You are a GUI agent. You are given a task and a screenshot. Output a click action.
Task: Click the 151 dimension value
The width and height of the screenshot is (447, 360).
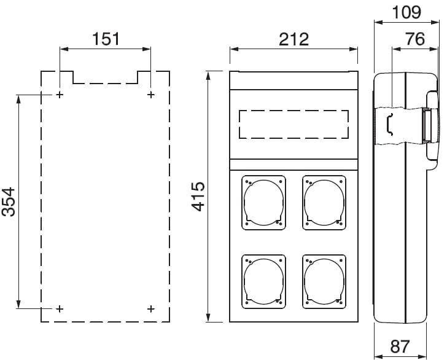coord(106,39)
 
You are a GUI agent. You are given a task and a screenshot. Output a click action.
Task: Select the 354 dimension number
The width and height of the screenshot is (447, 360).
coord(8,202)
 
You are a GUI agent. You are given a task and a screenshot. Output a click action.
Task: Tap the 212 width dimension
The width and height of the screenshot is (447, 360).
coord(293,39)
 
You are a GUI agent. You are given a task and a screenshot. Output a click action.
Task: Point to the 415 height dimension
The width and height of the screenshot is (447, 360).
coord(198,196)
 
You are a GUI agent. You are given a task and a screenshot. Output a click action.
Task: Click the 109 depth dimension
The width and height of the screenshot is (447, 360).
coord(406,12)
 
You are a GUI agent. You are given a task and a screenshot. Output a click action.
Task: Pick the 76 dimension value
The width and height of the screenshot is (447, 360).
coord(415,39)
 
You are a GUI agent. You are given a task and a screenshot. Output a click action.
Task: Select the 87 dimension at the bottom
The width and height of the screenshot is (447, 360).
coord(400,346)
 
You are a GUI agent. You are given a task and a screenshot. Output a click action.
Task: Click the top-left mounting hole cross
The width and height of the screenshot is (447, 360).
coord(60,95)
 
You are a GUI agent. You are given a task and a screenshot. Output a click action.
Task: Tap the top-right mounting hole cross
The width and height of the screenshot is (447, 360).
coord(151,95)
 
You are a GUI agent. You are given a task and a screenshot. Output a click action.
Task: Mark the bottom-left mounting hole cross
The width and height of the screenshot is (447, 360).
coord(60,308)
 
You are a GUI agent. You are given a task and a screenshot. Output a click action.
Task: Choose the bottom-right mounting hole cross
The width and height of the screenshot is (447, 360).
coord(151,308)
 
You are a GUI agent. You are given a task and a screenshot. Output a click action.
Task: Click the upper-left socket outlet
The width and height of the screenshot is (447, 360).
coord(263,203)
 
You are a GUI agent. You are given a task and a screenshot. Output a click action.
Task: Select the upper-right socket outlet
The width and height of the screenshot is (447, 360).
coord(324,203)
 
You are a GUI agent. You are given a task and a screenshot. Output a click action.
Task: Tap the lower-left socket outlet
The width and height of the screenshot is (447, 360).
coord(263,281)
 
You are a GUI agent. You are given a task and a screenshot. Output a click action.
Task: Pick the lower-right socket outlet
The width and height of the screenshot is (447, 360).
coord(324,281)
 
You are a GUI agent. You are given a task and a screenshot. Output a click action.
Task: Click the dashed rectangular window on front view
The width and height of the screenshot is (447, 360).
coord(293,111)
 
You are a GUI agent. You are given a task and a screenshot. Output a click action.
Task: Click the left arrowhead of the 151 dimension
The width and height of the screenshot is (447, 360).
coord(64,49)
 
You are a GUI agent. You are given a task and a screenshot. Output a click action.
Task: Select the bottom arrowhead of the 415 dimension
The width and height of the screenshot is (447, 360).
coord(208,318)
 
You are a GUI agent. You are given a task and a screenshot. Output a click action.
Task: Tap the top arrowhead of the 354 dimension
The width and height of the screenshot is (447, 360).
coord(19,100)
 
